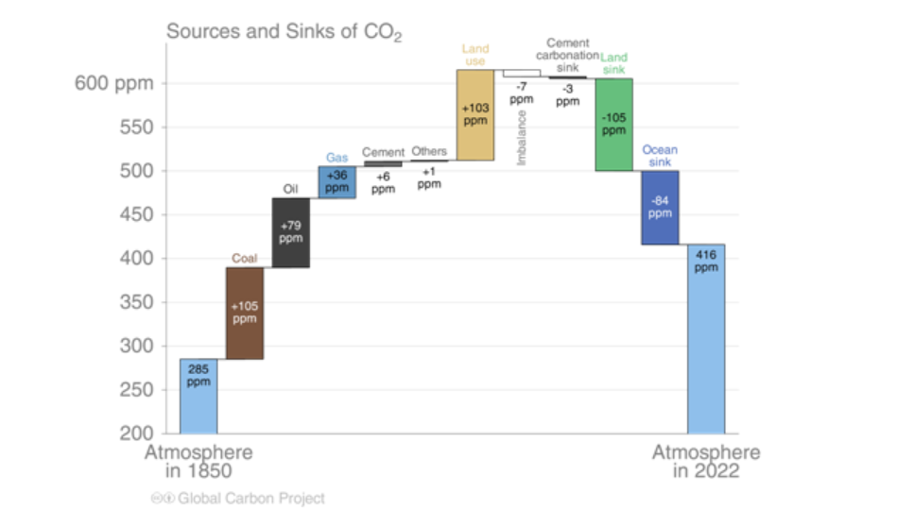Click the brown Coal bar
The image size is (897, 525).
[x=245, y=313]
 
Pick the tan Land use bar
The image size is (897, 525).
[x=474, y=115]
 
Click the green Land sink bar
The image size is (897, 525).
[x=613, y=125]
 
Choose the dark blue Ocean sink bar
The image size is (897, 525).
[x=660, y=207]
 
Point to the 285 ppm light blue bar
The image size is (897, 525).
[x=198, y=396]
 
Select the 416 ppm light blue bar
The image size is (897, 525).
[x=706, y=338]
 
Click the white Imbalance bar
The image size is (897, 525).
[x=521, y=73]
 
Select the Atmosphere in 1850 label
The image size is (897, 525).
[x=198, y=463]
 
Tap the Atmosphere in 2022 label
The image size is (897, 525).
[x=706, y=463]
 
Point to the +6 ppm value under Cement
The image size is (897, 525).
[x=383, y=183]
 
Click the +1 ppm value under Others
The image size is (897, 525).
[x=429, y=178]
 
